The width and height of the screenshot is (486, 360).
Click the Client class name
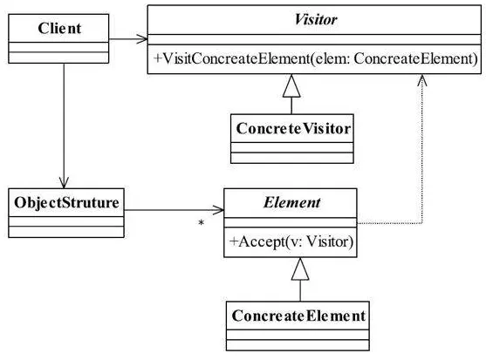(x=59, y=29)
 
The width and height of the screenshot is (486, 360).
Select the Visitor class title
(x=315, y=19)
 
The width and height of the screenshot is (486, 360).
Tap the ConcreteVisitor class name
(x=293, y=128)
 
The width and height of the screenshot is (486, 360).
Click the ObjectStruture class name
(x=66, y=203)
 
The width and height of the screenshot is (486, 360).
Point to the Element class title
(x=291, y=203)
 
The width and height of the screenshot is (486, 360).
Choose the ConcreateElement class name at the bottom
(x=298, y=316)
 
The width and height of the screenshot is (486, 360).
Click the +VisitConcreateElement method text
(x=315, y=58)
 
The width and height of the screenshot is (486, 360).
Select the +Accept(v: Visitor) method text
(x=291, y=241)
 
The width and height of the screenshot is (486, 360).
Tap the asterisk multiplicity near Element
(x=202, y=222)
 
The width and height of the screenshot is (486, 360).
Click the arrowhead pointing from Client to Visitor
(x=142, y=39)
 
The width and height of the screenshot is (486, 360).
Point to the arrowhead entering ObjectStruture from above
(x=64, y=183)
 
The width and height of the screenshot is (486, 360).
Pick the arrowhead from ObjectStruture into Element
(x=218, y=210)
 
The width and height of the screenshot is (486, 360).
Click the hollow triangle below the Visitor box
(x=291, y=85)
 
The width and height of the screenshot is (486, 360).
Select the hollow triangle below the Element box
(x=300, y=268)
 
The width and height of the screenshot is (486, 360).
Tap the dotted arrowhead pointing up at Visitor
(x=421, y=80)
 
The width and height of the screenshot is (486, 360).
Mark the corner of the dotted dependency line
(x=421, y=222)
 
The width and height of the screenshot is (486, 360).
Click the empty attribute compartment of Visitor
(x=314, y=39)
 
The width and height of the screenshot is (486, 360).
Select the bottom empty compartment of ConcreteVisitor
(x=292, y=158)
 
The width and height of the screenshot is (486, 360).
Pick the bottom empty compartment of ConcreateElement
(x=298, y=345)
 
